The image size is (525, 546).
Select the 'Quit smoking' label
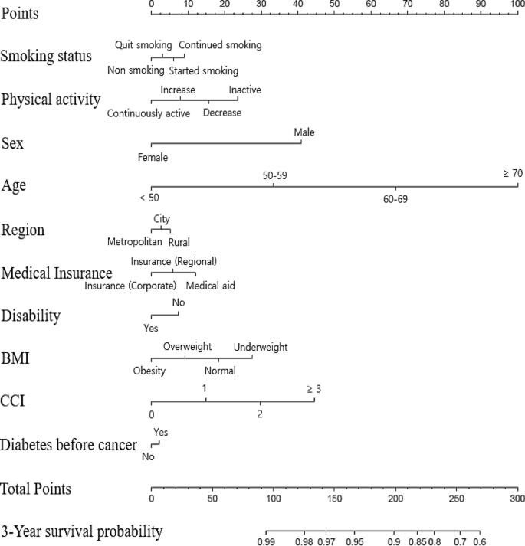click(x=143, y=45)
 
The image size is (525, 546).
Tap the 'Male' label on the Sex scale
click(x=304, y=132)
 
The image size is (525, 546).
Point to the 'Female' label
click(x=153, y=158)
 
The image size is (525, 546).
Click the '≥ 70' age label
click(x=513, y=174)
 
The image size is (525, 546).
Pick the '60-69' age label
click(x=395, y=199)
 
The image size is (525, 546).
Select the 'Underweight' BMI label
click(x=261, y=347)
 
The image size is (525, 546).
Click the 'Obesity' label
click(x=149, y=371)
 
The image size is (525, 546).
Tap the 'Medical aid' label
click(x=210, y=286)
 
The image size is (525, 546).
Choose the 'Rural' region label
click(x=179, y=242)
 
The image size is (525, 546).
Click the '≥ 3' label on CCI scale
click(x=313, y=389)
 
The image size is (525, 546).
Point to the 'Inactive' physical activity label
click(x=245, y=90)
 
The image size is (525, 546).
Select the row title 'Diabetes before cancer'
click(x=69, y=445)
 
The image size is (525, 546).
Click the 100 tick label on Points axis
click(x=517, y=4)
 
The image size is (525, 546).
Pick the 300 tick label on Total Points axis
click(x=517, y=499)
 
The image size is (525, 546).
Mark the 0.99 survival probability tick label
click(x=267, y=541)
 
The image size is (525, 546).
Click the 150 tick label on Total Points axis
click(x=334, y=499)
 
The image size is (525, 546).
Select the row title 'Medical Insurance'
click(x=57, y=273)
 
